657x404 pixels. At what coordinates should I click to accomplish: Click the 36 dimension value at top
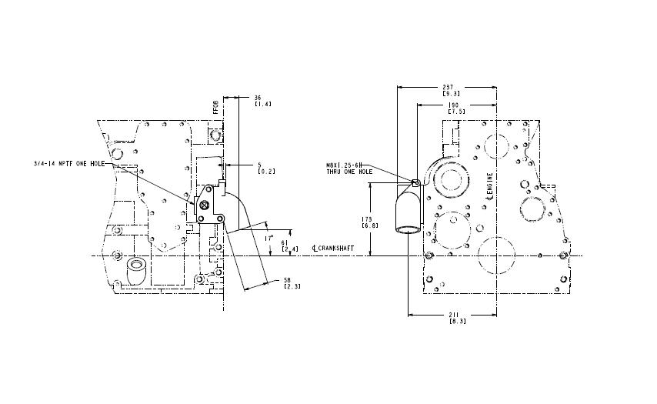257,97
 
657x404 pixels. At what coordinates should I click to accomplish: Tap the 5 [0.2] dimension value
259,164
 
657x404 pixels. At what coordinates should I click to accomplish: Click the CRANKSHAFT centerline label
335,248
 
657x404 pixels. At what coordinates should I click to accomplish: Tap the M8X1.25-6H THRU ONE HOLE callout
350,168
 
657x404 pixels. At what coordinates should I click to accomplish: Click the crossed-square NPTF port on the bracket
204,205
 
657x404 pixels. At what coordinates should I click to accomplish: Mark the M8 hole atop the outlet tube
415,182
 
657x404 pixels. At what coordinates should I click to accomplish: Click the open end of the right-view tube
409,229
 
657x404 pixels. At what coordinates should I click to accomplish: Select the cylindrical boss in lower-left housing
136,270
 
